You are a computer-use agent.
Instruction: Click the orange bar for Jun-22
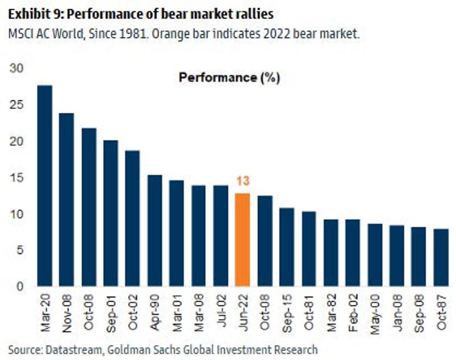243,239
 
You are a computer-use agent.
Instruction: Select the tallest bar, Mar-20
44,185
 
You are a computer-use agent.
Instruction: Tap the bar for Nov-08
67,199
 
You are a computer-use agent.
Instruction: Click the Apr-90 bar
154,230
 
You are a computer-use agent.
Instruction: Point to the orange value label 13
243,182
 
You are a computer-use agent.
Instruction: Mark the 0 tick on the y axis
20,287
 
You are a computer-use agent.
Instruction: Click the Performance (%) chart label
229,77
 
